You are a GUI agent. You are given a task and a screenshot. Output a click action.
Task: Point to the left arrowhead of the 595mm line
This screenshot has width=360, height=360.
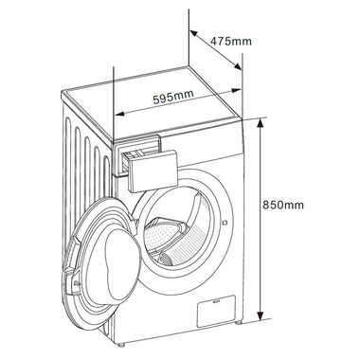point(117,113)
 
